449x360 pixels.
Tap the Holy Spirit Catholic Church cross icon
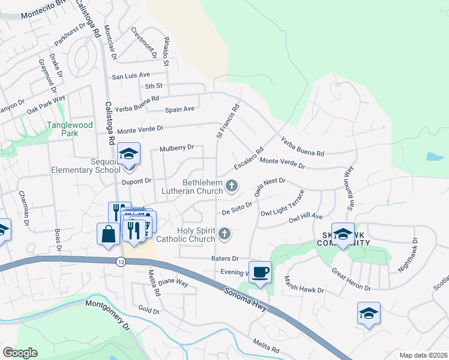point(224,234)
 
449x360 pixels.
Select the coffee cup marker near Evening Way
point(260,272)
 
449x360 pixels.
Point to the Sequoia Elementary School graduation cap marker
point(128,155)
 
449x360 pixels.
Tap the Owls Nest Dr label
point(270,187)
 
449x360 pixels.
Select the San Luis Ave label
point(131,76)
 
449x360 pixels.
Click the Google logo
point(20,353)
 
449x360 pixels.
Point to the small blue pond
point(435,157)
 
